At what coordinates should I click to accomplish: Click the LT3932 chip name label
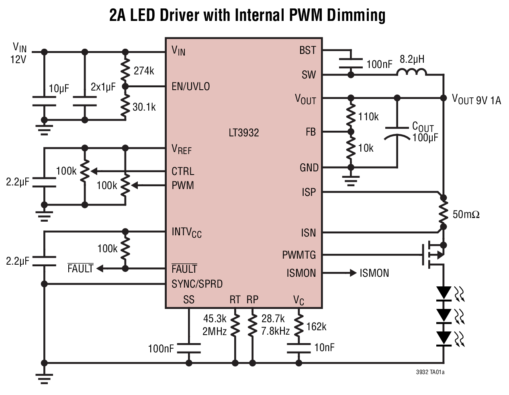click(x=244, y=133)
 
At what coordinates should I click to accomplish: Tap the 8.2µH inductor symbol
click(x=412, y=72)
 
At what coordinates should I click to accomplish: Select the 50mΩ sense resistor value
click(x=466, y=214)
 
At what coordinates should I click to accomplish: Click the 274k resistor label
click(x=144, y=71)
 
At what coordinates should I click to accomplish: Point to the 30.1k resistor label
click(x=144, y=107)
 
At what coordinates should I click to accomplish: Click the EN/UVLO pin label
click(x=190, y=86)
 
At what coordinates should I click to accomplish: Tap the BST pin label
click(x=308, y=51)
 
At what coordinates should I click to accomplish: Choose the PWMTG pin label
click(x=299, y=255)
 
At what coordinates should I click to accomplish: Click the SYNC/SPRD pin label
click(x=197, y=284)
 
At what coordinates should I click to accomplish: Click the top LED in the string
click(x=444, y=292)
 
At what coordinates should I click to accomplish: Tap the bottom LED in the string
click(x=444, y=338)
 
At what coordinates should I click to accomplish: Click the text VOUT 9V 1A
click(x=476, y=99)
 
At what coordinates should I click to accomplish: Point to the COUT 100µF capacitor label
click(x=424, y=132)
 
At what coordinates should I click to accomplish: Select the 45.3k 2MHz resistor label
click(x=215, y=325)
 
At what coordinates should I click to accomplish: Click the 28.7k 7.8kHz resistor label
click(x=275, y=325)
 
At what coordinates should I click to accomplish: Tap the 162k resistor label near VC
click(x=316, y=327)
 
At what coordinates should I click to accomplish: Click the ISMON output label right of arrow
click(x=374, y=273)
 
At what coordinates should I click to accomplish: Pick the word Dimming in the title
click(x=356, y=15)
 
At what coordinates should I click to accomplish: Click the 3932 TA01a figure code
click(x=430, y=372)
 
